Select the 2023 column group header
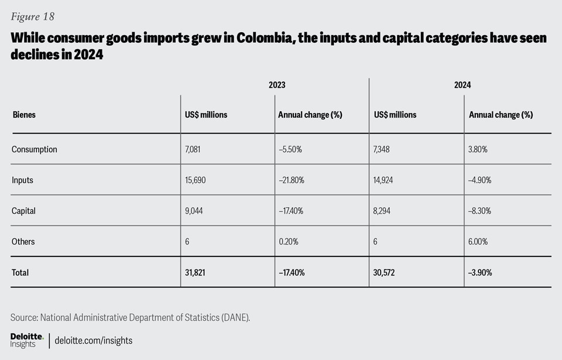pyautogui.click(x=277, y=85)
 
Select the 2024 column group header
pyautogui.click(x=462, y=85)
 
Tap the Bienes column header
pyautogui.click(x=24, y=115)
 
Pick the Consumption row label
pyautogui.click(x=35, y=149)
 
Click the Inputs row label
pyautogui.click(x=22, y=180)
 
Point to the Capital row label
pyautogui.click(x=24, y=211)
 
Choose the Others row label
pyautogui.click(x=23, y=242)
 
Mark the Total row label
pyautogui.click(x=20, y=272)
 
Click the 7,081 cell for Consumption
pyautogui.click(x=194, y=149)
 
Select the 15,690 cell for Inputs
pyautogui.click(x=197, y=180)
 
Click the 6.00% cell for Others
pyautogui.click(x=479, y=242)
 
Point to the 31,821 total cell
pyautogui.click(x=196, y=272)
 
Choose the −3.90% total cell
pyautogui.click(x=481, y=272)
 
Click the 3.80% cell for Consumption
pyautogui.click(x=478, y=149)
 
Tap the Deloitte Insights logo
pyautogui.click(x=26, y=340)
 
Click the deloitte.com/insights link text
pyautogui.click(x=93, y=340)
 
